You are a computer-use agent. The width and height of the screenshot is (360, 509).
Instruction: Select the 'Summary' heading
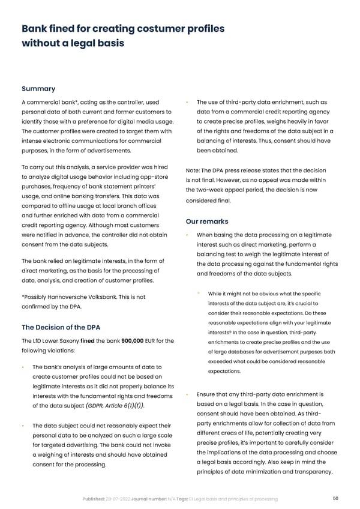tap(38, 89)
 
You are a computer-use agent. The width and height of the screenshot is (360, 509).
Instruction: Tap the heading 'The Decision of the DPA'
tap(61, 327)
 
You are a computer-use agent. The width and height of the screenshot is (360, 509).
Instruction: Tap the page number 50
tap(336, 498)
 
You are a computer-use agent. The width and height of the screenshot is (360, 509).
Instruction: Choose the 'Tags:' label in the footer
tap(181, 499)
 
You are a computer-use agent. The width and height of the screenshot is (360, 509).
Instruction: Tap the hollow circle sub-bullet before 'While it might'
tap(199, 293)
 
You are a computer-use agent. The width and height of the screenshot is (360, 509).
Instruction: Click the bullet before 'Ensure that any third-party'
tap(188, 394)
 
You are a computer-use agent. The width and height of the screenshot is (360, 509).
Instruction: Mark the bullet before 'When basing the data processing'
tap(188, 235)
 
